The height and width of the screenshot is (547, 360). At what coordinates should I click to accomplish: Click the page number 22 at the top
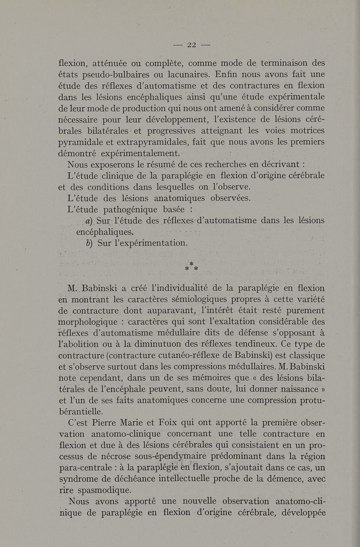pyautogui.click(x=192, y=45)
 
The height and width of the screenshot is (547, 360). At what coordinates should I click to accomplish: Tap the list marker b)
pyautogui.click(x=89, y=243)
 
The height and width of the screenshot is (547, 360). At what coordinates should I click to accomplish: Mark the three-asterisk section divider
pyautogui.click(x=191, y=267)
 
